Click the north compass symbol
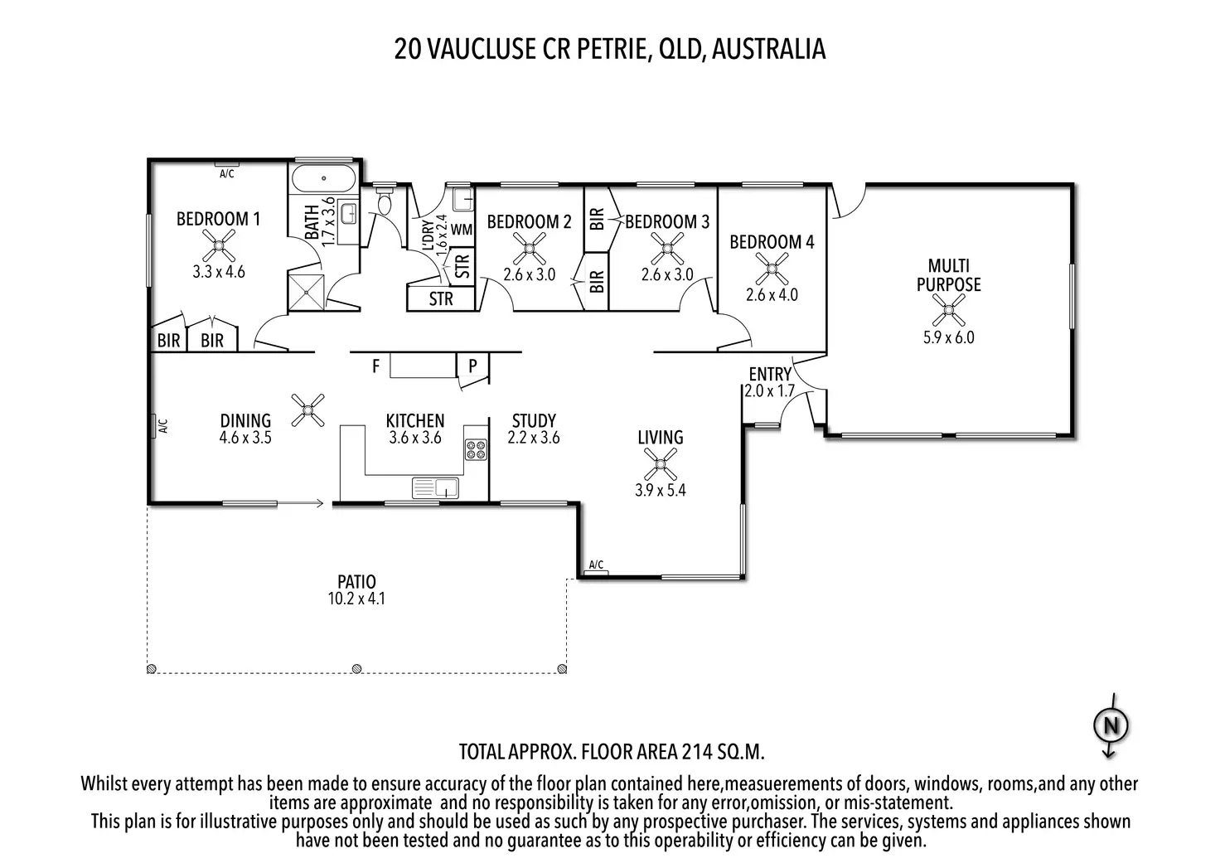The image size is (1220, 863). coord(1111,725)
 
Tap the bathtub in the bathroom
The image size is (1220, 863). coord(323,178)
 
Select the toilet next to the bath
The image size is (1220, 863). coord(385,200)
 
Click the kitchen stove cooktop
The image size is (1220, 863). coord(476,450)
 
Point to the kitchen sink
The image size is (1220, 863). coord(435,488)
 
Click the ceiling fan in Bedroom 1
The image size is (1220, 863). coord(219,245)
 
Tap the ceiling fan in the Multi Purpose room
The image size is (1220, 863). coord(949,311)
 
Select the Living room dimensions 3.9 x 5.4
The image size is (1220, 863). coord(660,490)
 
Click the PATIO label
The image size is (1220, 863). coord(356,581)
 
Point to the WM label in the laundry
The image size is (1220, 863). coord(462,230)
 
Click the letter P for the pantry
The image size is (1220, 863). coord(472,366)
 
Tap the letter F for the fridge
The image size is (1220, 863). coord(375,366)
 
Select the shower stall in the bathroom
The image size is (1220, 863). coord(306,293)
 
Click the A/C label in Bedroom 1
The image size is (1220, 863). coord(226,174)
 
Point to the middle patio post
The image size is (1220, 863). coord(356,668)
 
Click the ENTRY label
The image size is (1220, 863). coord(770,374)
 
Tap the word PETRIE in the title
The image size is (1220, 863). coord(612,49)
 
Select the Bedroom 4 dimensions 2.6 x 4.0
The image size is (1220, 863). coord(772,295)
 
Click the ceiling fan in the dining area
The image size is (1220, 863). coord(307,410)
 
